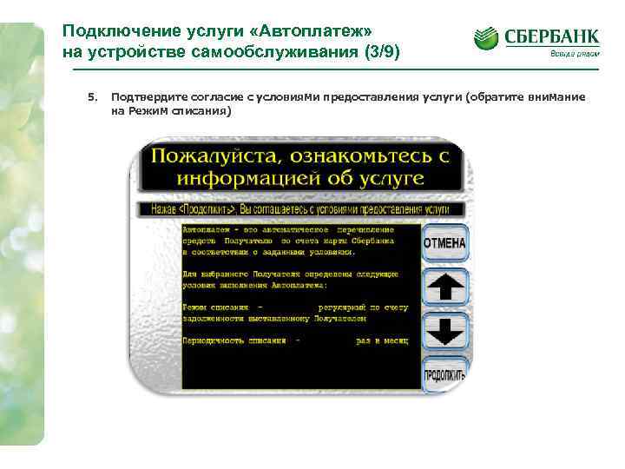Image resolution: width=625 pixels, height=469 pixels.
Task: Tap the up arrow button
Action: coord(444,287)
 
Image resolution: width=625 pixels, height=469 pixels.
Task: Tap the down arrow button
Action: coord(444,332)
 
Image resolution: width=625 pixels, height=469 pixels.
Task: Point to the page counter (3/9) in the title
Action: coord(381,51)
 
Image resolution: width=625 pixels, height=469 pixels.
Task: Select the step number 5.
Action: coord(91,97)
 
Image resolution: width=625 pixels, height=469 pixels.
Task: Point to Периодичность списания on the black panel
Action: coord(234,340)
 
